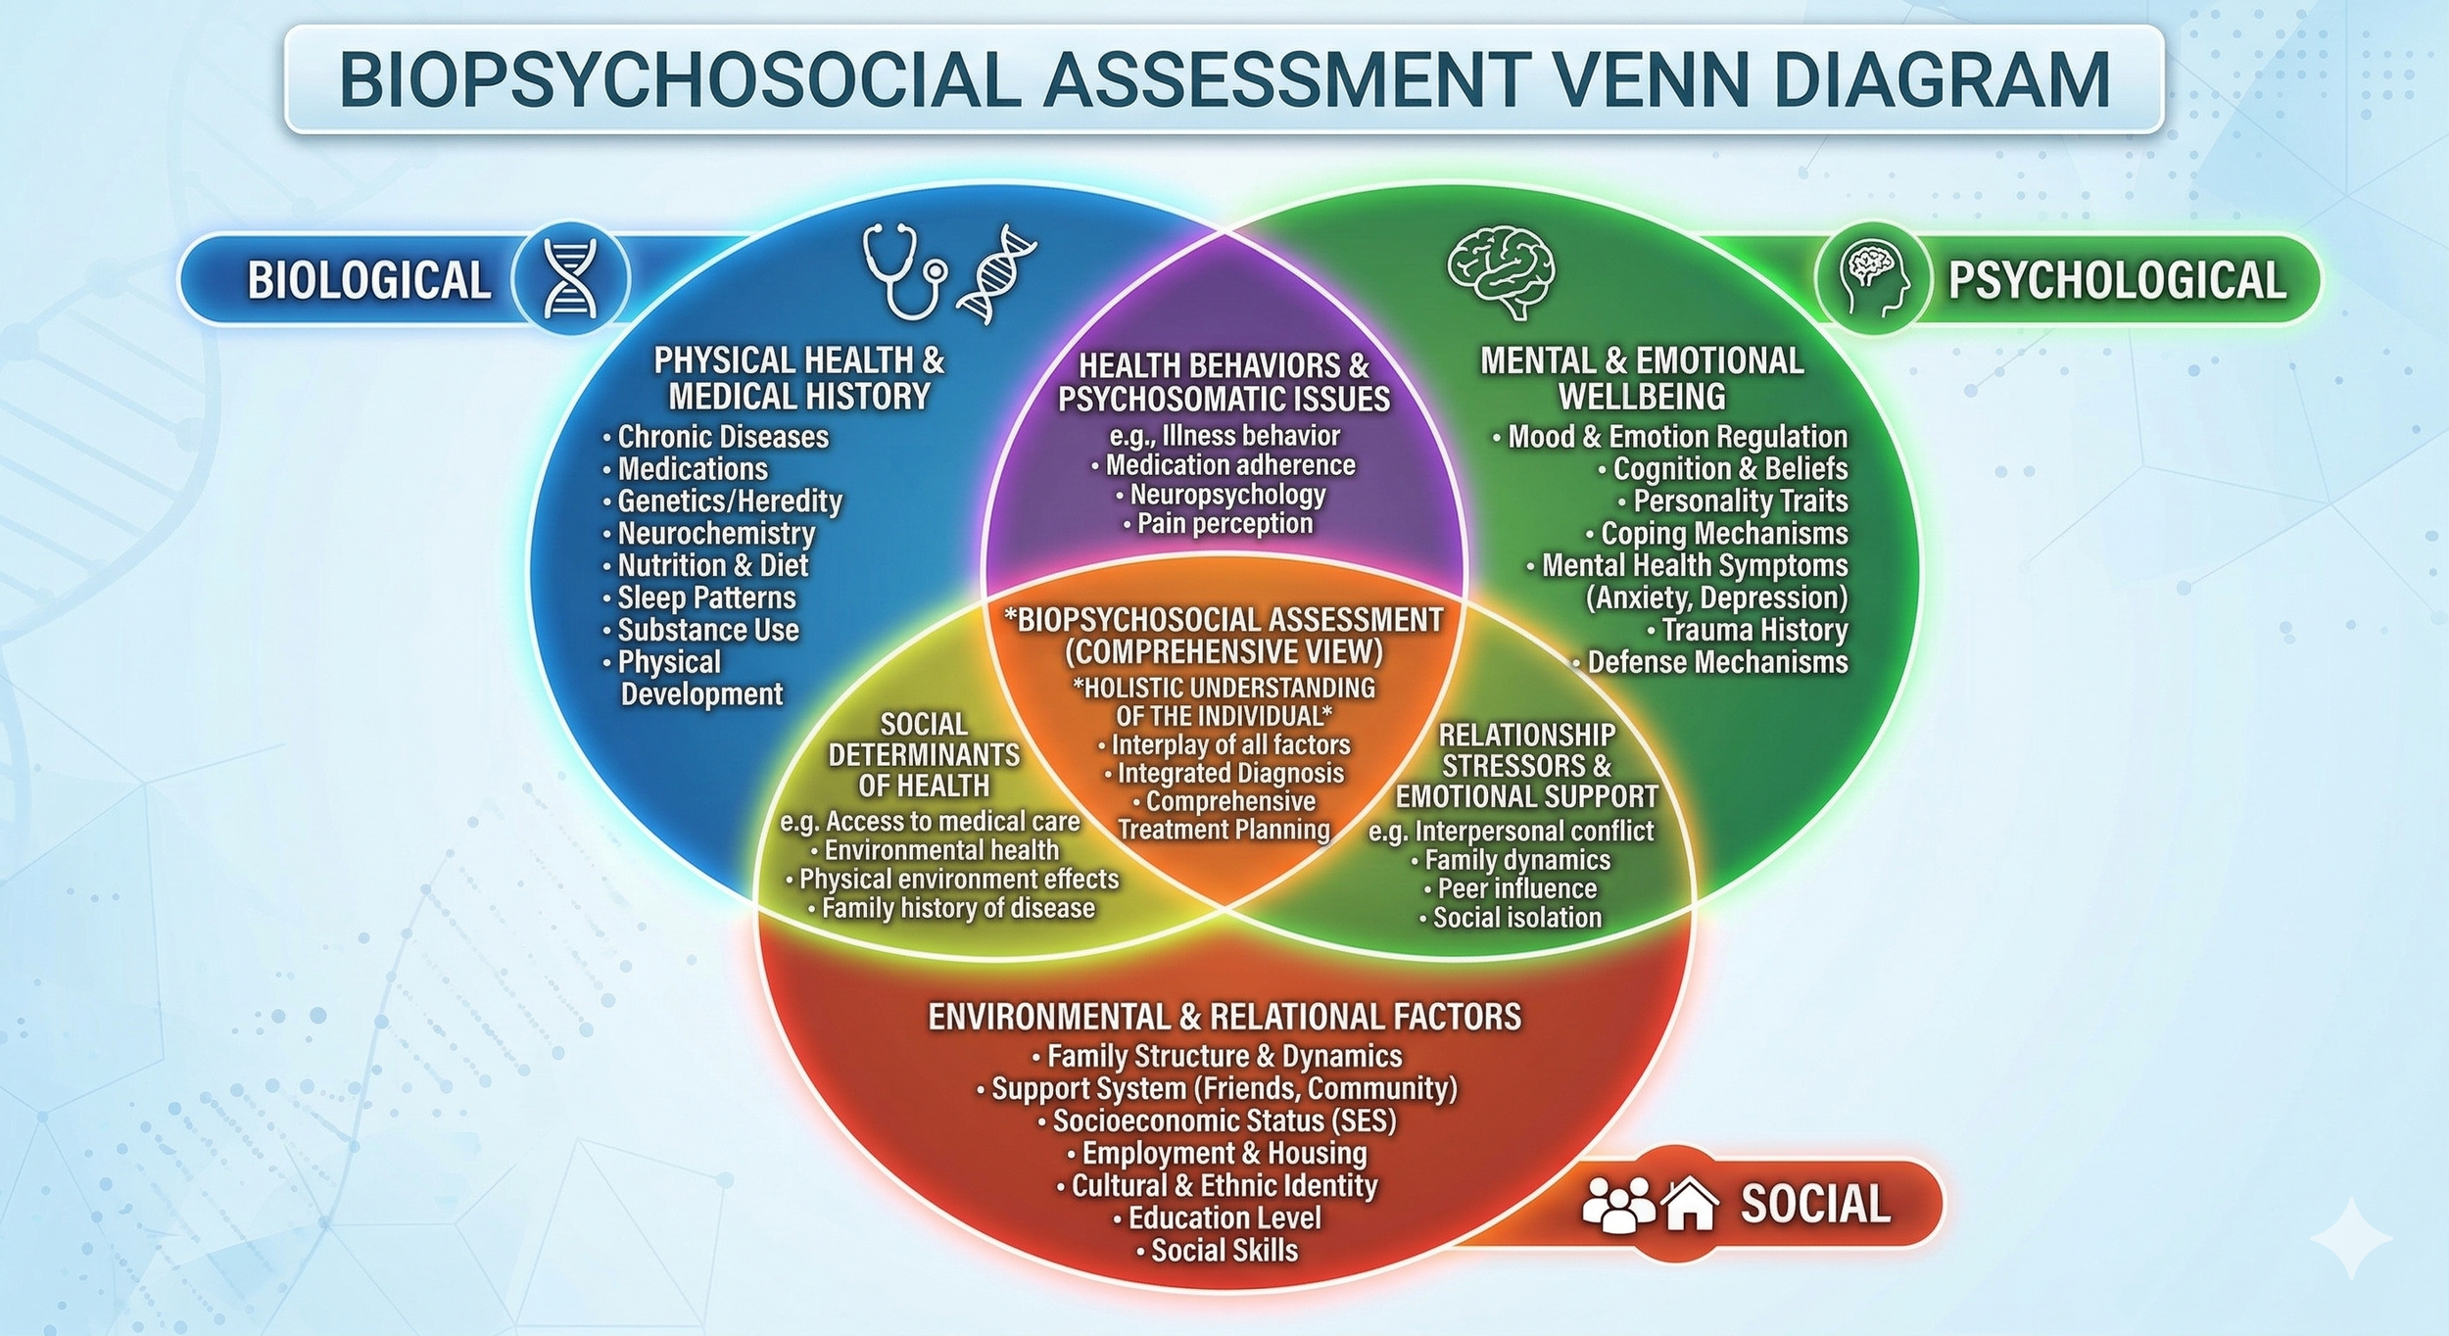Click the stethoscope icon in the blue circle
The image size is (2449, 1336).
coord(903,271)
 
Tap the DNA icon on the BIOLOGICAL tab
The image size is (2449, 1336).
coord(571,279)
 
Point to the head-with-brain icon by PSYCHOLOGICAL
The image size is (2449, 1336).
coord(1873,279)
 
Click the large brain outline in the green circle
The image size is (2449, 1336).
coord(1501,271)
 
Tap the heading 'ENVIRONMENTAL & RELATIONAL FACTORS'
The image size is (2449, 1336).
coord(1224,1017)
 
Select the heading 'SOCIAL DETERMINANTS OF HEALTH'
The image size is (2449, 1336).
coord(924,755)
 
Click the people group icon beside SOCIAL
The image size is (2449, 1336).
coord(1616,1204)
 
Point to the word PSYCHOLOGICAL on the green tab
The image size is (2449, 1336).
coord(2116,280)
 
